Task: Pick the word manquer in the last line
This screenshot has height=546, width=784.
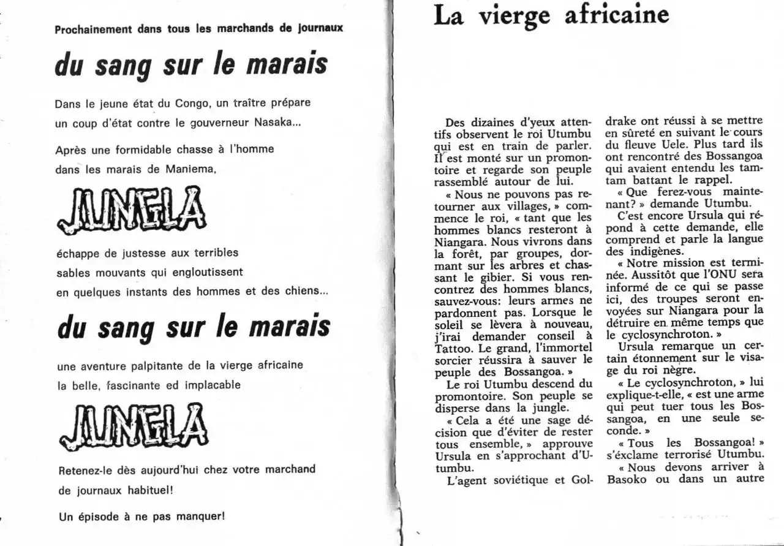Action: click(x=198, y=516)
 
